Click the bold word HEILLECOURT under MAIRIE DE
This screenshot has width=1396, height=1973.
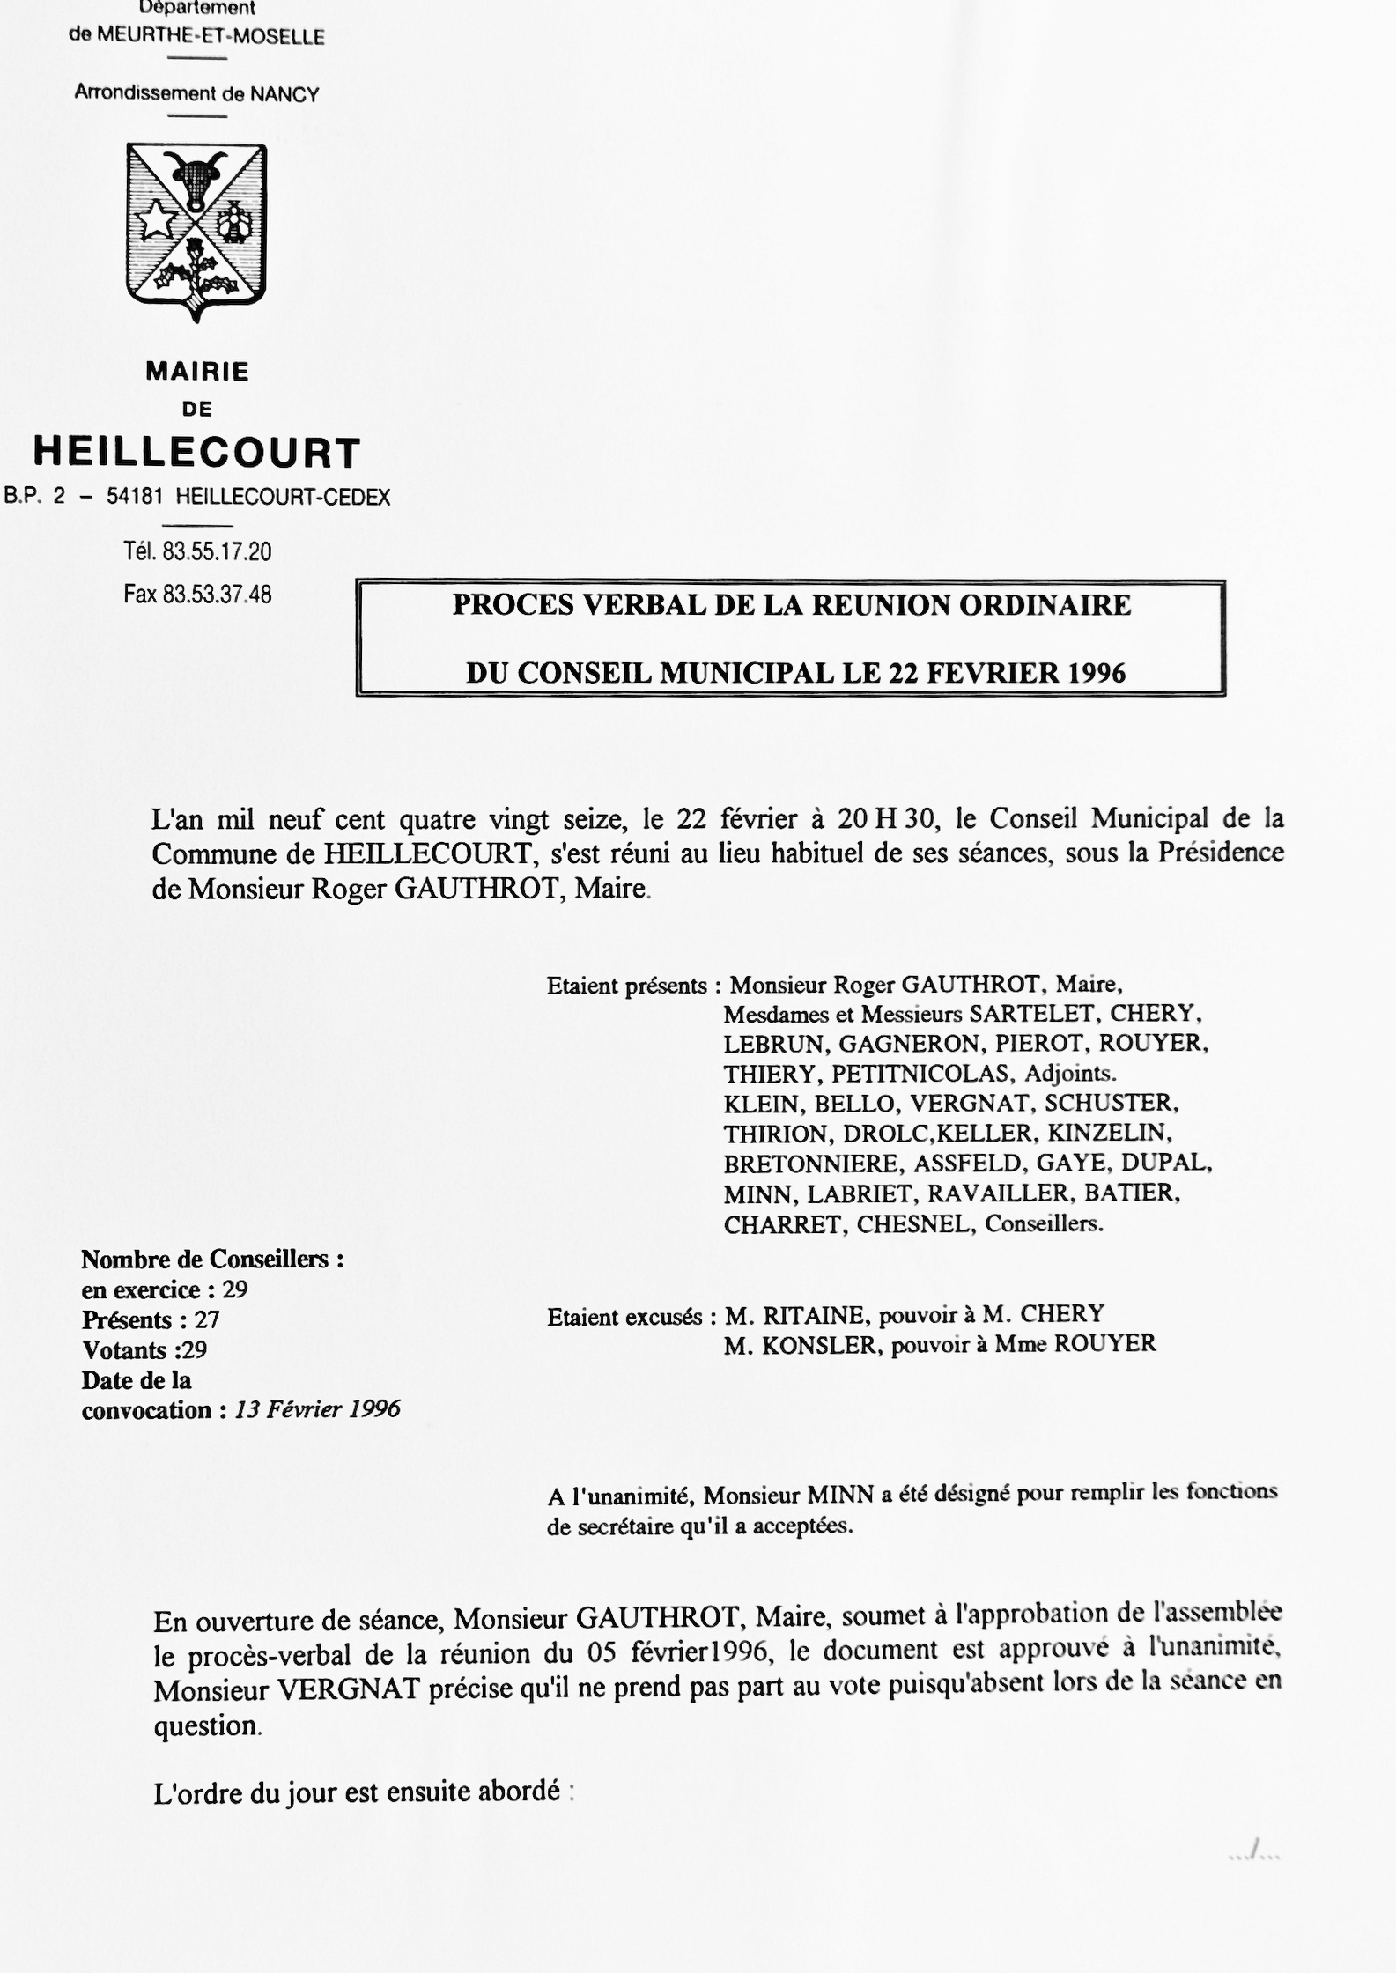[x=197, y=453]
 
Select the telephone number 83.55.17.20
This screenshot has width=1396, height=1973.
[x=217, y=552]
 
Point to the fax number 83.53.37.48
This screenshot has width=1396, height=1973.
[x=217, y=595]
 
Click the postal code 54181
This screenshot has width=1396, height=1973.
[x=135, y=497]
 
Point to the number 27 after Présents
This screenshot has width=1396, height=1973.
[x=207, y=1319]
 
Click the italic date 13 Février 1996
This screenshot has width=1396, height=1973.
[x=317, y=1409]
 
